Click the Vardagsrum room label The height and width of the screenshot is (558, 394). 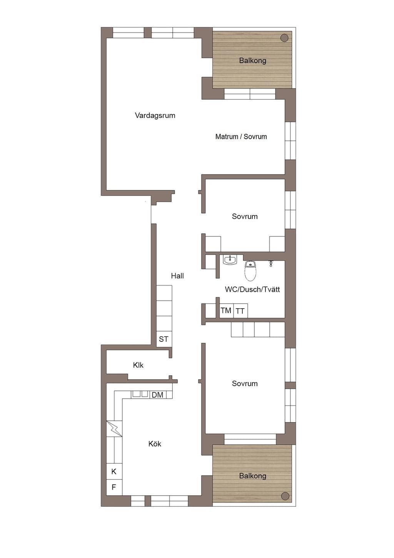click(x=155, y=115)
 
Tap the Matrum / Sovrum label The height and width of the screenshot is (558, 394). click(x=241, y=136)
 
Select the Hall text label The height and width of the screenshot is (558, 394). click(x=177, y=276)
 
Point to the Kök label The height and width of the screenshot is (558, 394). click(x=155, y=444)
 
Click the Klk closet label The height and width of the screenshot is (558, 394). click(x=138, y=365)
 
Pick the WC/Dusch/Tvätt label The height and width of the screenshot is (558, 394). click(x=252, y=289)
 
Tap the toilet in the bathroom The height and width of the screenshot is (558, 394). click(x=250, y=271)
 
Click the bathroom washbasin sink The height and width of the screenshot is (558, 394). click(x=230, y=260)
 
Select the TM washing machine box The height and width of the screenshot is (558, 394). click(x=226, y=311)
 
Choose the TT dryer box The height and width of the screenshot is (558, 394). click(x=240, y=311)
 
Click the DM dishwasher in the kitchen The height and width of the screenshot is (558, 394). click(x=158, y=395)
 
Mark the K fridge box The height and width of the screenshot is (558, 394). click(x=114, y=471)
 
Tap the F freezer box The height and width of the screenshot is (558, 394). click(x=114, y=487)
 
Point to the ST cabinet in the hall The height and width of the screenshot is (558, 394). click(x=164, y=339)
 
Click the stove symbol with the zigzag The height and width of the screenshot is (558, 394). click(x=114, y=429)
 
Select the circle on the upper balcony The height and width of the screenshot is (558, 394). click(x=284, y=38)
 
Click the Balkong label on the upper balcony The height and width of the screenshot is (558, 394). click(x=252, y=61)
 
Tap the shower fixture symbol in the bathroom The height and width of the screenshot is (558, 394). click(x=271, y=264)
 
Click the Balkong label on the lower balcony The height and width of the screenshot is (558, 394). click(x=252, y=476)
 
